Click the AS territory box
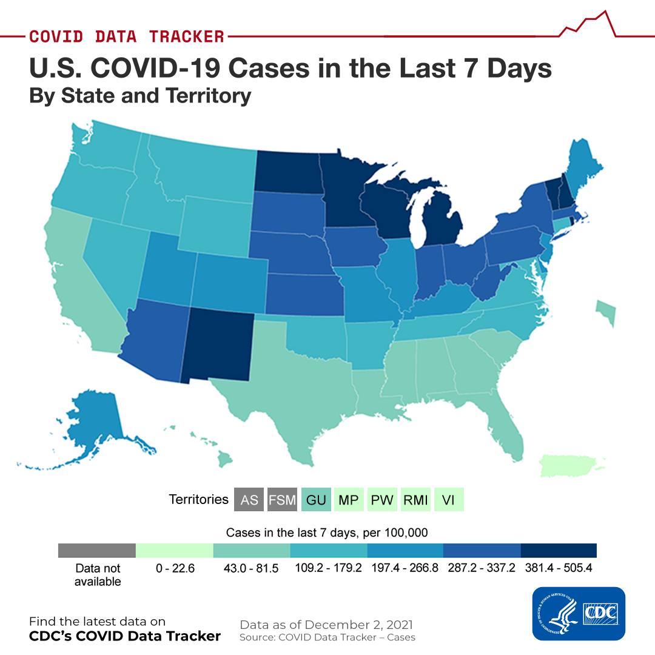coord(249,499)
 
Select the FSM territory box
coord(283,499)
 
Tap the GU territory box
coord(316,499)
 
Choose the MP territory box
coord(349,499)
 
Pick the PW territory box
coord(382,499)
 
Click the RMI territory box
coord(415,499)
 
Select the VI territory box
coord(449,499)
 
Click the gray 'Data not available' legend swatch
coord(97,550)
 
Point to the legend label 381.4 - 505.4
coord(559,568)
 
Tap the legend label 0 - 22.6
coord(175,568)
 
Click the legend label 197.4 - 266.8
coord(405,568)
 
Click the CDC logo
coord(579,614)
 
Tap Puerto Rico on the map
coord(571,465)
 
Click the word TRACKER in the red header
coord(187,36)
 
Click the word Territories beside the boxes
coord(198,499)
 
